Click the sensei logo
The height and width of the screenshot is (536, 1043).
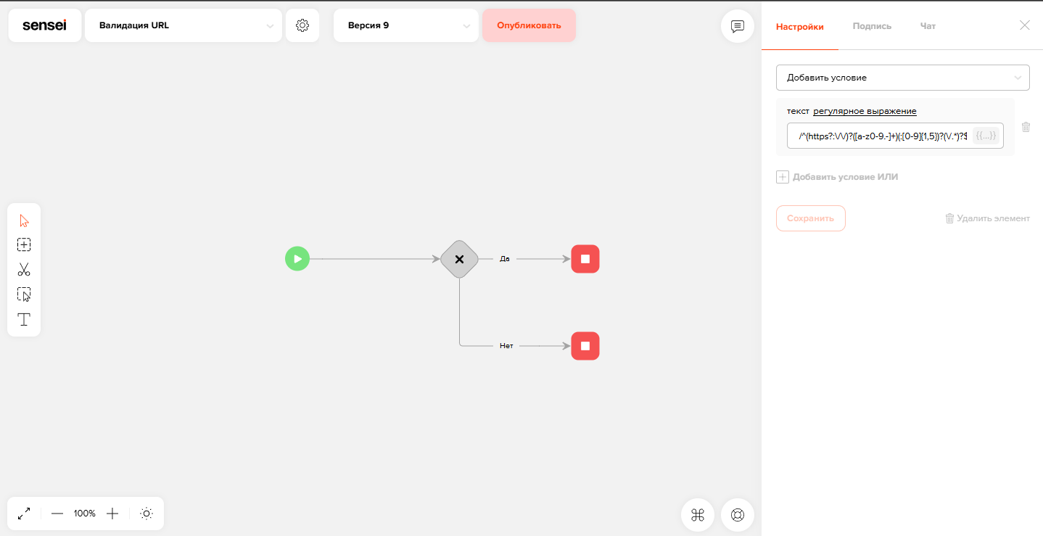45,25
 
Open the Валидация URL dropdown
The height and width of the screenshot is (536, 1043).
184,25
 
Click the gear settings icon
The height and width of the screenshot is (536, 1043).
302,25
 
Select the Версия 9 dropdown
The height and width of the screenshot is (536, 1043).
406,25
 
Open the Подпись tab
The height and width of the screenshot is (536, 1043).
872,26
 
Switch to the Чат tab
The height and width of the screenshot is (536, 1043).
928,26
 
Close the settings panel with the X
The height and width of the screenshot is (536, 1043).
1024,25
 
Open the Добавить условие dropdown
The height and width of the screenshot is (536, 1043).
902,78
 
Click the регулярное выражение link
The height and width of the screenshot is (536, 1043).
865,111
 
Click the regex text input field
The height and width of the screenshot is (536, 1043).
883,136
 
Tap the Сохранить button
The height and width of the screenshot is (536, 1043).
810,218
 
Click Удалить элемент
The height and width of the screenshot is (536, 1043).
987,218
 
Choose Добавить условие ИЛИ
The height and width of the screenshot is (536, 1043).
837,177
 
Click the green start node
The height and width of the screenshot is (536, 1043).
297,259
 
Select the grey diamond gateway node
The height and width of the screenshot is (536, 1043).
459,259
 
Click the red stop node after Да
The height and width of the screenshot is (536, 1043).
585,259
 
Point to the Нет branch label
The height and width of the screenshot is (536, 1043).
506,345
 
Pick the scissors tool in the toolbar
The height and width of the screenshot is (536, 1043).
24,270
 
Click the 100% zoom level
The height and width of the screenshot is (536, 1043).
84,514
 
